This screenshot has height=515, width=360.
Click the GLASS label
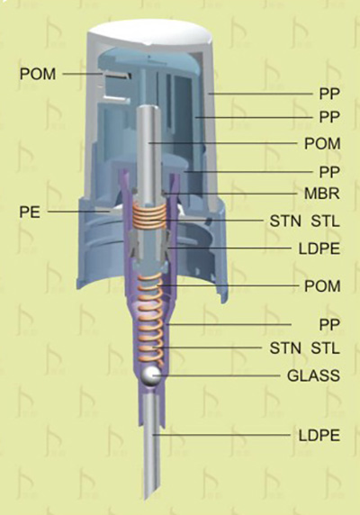(x=313, y=375)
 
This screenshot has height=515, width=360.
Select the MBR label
(x=322, y=193)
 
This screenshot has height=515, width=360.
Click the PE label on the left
(x=30, y=212)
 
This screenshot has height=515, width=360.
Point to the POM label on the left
(x=38, y=74)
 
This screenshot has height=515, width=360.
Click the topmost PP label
(x=329, y=94)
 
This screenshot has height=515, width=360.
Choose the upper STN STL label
(x=304, y=221)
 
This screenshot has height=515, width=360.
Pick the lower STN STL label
(x=304, y=348)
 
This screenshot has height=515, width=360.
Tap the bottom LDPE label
(x=319, y=436)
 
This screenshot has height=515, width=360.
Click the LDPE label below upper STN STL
(x=319, y=249)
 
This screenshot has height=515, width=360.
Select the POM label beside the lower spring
(x=322, y=286)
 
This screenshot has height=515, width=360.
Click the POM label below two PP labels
(x=322, y=144)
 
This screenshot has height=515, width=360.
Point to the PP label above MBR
(x=329, y=172)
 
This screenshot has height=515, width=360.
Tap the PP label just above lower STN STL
(x=329, y=325)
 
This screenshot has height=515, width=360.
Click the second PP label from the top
(x=329, y=117)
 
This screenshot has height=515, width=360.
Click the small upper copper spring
(x=150, y=217)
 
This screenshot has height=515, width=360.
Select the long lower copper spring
(x=151, y=321)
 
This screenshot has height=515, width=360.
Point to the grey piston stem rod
(x=150, y=154)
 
